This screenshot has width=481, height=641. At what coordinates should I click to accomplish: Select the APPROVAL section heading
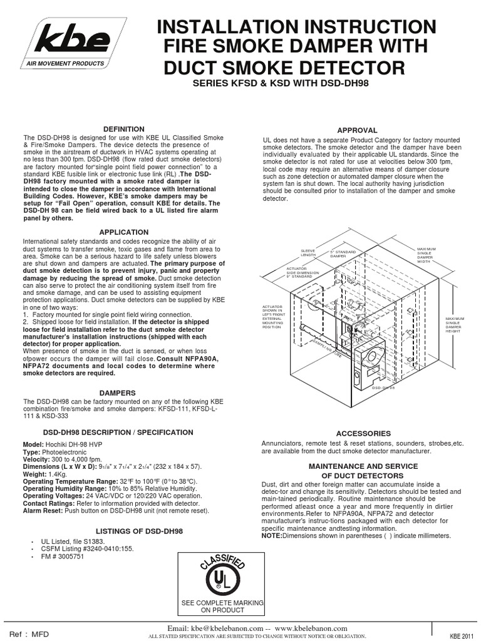357,130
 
